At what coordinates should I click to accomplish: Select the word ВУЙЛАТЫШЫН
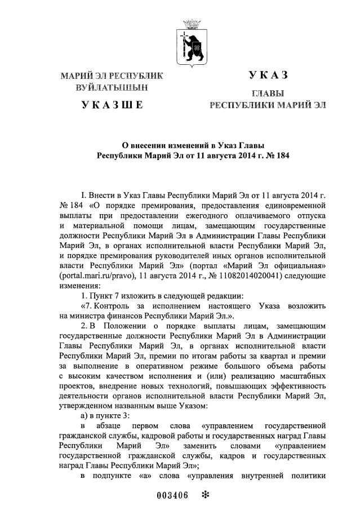(x=113, y=87)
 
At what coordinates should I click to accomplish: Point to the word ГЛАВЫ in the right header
(x=268, y=93)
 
